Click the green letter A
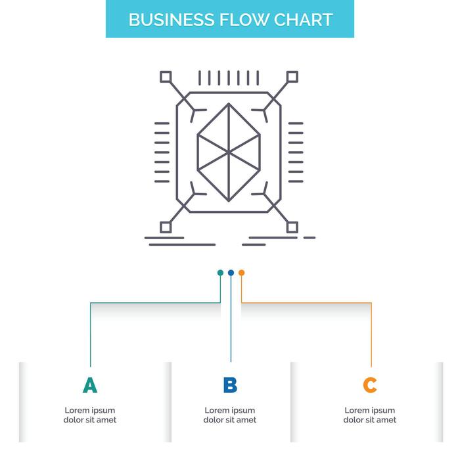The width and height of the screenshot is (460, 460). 90,385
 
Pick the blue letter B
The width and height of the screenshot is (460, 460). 230,385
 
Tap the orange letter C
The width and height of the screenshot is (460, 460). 370,385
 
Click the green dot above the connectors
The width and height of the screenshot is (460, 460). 220,273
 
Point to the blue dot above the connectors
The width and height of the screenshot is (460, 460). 231,273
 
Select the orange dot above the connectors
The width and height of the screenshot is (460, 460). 241,273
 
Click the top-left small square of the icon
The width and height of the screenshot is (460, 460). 166,76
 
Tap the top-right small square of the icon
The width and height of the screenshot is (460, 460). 292,76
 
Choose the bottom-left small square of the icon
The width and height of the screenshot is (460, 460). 166,227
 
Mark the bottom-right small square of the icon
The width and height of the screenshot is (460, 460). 292,227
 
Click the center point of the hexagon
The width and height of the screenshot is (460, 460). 229,152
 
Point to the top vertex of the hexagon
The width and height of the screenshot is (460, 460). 229,104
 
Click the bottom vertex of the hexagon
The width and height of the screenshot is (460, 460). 229,200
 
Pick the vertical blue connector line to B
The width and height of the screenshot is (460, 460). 231,322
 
